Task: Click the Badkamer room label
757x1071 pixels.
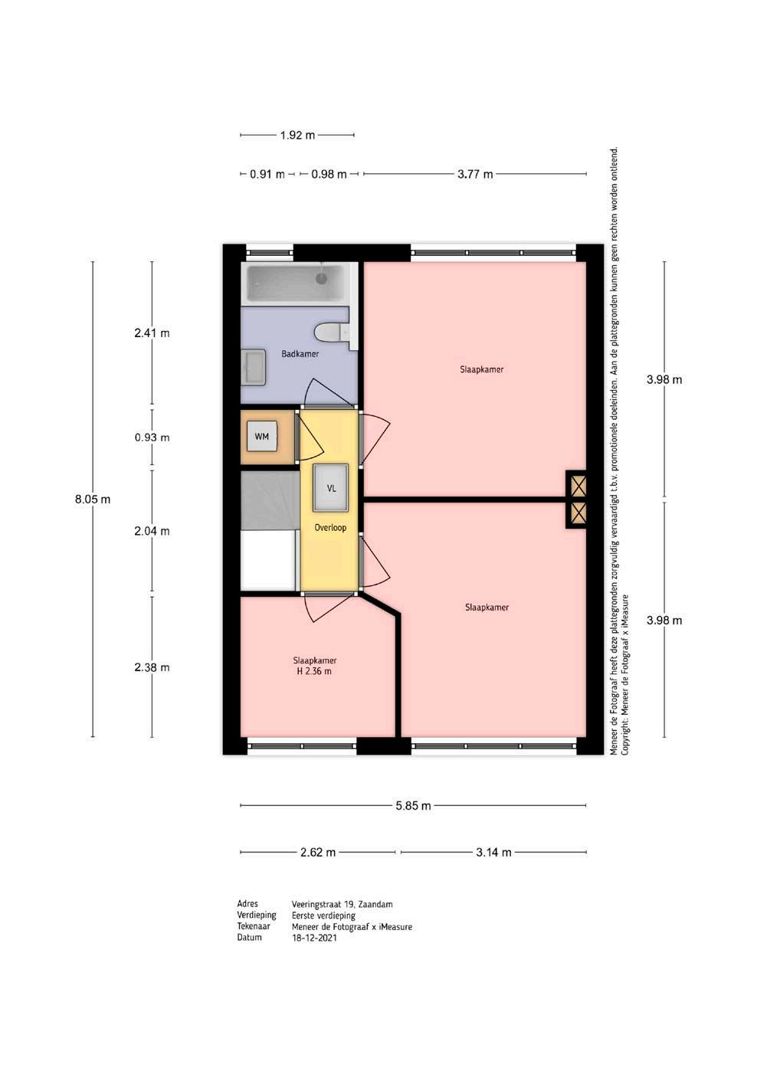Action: click(300, 354)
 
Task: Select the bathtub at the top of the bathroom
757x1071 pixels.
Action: click(295, 283)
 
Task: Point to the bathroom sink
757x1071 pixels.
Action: click(253, 367)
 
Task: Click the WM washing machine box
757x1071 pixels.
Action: click(261, 436)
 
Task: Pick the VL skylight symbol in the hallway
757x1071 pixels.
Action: click(331, 488)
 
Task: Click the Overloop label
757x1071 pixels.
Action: click(330, 527)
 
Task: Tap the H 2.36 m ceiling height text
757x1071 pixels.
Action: click(314, 671)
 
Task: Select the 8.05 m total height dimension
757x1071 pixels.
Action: click(92, 499)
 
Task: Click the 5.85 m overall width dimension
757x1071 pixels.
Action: click(413, 806)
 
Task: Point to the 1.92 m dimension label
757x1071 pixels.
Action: click(297, 136)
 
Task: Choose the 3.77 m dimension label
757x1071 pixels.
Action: click(475, 174)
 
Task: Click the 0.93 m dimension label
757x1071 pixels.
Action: click(152, 437)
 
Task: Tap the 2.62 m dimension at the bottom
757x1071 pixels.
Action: click(318, 852)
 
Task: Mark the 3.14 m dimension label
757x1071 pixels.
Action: click(493, 852)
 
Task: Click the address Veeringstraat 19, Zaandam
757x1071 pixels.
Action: click(342, 904)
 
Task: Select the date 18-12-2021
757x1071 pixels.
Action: click(314, 938)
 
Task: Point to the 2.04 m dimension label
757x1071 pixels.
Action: click(152, 531)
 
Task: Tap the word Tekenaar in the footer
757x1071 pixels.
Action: click(254, 926)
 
